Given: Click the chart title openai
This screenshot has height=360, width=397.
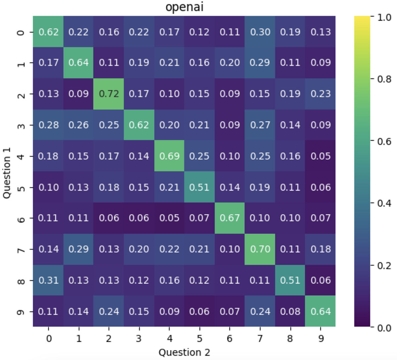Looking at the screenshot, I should (x=184, y=7).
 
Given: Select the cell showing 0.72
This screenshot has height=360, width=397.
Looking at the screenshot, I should (x=109, y=94).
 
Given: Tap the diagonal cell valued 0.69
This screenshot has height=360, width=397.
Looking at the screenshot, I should (x=169, y=156).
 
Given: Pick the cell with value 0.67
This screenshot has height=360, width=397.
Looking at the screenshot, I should (x=230, y=218).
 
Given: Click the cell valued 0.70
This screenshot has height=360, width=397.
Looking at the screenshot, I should (x=260, y=249).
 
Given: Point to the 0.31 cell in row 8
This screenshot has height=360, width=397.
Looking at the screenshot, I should (x=48, y=280).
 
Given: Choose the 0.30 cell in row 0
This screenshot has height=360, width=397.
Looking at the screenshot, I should (x=260, y=32).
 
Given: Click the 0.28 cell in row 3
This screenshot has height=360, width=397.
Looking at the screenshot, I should (x=48, y=125).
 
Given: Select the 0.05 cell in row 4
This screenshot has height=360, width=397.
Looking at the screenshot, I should (x=321, y=156).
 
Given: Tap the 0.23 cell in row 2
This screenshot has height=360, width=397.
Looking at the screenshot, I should (x=321, y=94).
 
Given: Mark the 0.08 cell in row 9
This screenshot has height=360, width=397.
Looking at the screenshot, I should (x=290, y=311).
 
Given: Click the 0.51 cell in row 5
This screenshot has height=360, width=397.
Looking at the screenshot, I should (x=199, y=187).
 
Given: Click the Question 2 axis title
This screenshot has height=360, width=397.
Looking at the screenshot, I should (x=184, y=352).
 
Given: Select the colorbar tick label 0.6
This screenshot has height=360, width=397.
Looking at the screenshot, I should (x=384, y=141).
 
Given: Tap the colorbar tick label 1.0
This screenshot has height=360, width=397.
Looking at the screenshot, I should (x=384, y=17).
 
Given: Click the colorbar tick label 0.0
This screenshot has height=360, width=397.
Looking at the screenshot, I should (x=384, y=328).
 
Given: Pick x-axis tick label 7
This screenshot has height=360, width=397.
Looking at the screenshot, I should (x=260, y=339).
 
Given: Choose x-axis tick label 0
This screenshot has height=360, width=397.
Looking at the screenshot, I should (x=48, y=339).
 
